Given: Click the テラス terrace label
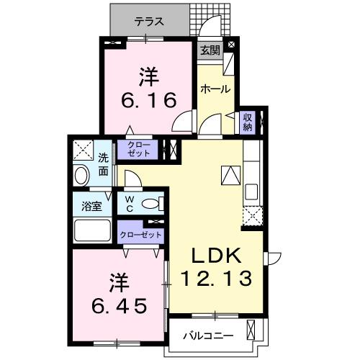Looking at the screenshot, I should click(148, 22).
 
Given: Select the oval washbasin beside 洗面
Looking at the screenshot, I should click(81, 175).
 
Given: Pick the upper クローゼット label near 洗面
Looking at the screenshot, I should click(140, 150).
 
